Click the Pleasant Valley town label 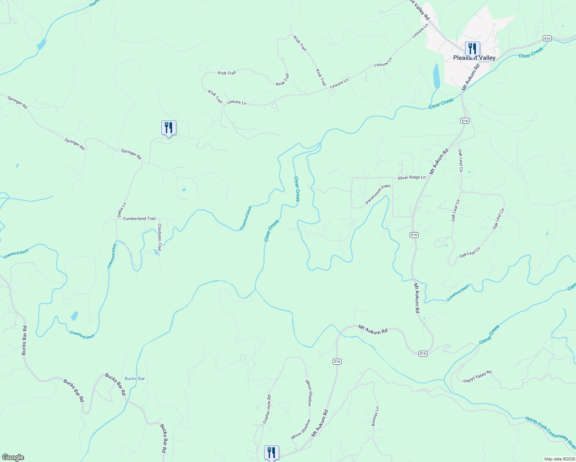coord(474,58)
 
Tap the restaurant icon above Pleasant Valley coord(472,49)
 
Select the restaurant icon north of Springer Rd coord(169,128)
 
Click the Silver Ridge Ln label coord(412,177)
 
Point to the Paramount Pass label coord(378,194)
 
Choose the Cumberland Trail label coord(139,219)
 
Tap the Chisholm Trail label coord(159,237)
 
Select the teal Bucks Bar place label coord(135,378)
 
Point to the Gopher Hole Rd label coord(267,409)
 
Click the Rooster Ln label coord(375,416)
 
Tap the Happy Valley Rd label coord(477,377)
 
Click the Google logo coord(13,457)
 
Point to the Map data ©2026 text coord(559,459)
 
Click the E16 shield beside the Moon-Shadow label coord(337,362)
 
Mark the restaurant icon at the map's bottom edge coord(271,453)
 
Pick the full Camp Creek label coord(489,335)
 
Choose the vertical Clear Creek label coord(296,189)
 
